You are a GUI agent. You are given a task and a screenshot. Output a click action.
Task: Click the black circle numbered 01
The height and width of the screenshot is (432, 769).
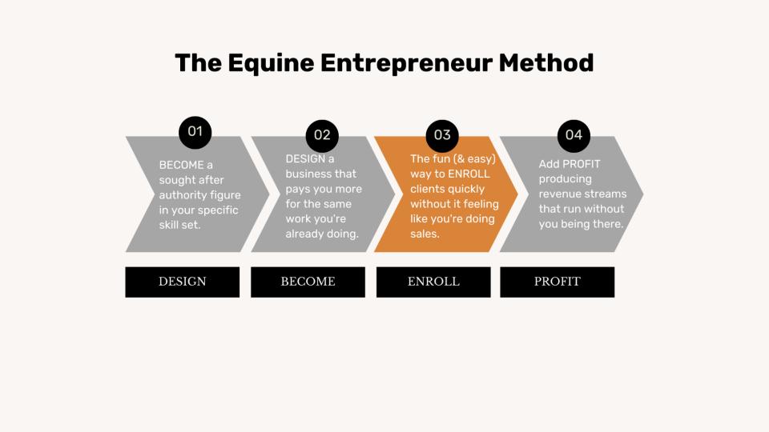tap(195, 132)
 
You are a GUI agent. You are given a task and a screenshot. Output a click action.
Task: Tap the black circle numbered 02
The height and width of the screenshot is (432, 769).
tap(322, 136)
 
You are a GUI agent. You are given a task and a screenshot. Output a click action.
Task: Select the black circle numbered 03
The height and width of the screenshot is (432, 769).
tap(442, 136)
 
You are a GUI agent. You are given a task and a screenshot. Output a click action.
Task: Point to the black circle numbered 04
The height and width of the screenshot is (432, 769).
tap(574, 136)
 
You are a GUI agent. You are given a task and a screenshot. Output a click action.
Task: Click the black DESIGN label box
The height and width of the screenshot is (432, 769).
tap(183, 282)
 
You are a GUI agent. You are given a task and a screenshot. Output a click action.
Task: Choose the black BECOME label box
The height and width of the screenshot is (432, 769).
tap(308, 282)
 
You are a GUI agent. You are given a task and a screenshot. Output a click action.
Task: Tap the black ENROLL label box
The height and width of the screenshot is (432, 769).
tap(433, 282)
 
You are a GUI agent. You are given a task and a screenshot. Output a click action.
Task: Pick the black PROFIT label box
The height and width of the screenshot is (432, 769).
tap(558, 282)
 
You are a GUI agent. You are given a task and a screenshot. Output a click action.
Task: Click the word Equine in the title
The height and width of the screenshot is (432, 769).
tap(271, 64)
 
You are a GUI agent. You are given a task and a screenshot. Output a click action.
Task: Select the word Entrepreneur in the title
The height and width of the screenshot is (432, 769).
tap(407, 64)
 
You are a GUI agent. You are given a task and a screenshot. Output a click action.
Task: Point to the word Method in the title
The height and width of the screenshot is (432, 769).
tap(546, 62)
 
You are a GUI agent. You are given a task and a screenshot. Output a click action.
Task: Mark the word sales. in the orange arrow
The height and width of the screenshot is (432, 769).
tap(425, 234)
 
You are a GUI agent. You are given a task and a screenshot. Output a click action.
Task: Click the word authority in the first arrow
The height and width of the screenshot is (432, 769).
tap(179, 195)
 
